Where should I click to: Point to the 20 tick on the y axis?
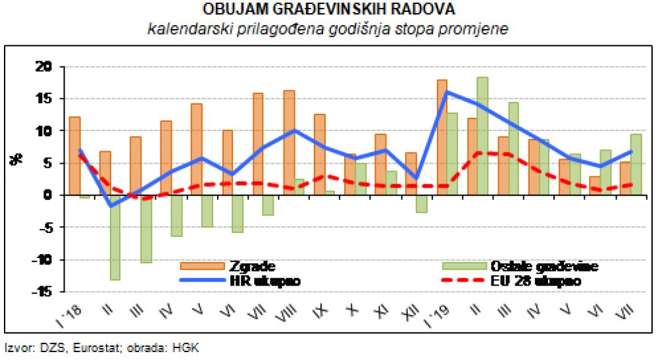pos(43,66)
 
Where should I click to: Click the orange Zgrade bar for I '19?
pos(442,137)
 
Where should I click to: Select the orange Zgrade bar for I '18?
pos(74,156)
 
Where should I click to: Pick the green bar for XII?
pos(421,203)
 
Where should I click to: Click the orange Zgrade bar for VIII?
pos(289,142)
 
